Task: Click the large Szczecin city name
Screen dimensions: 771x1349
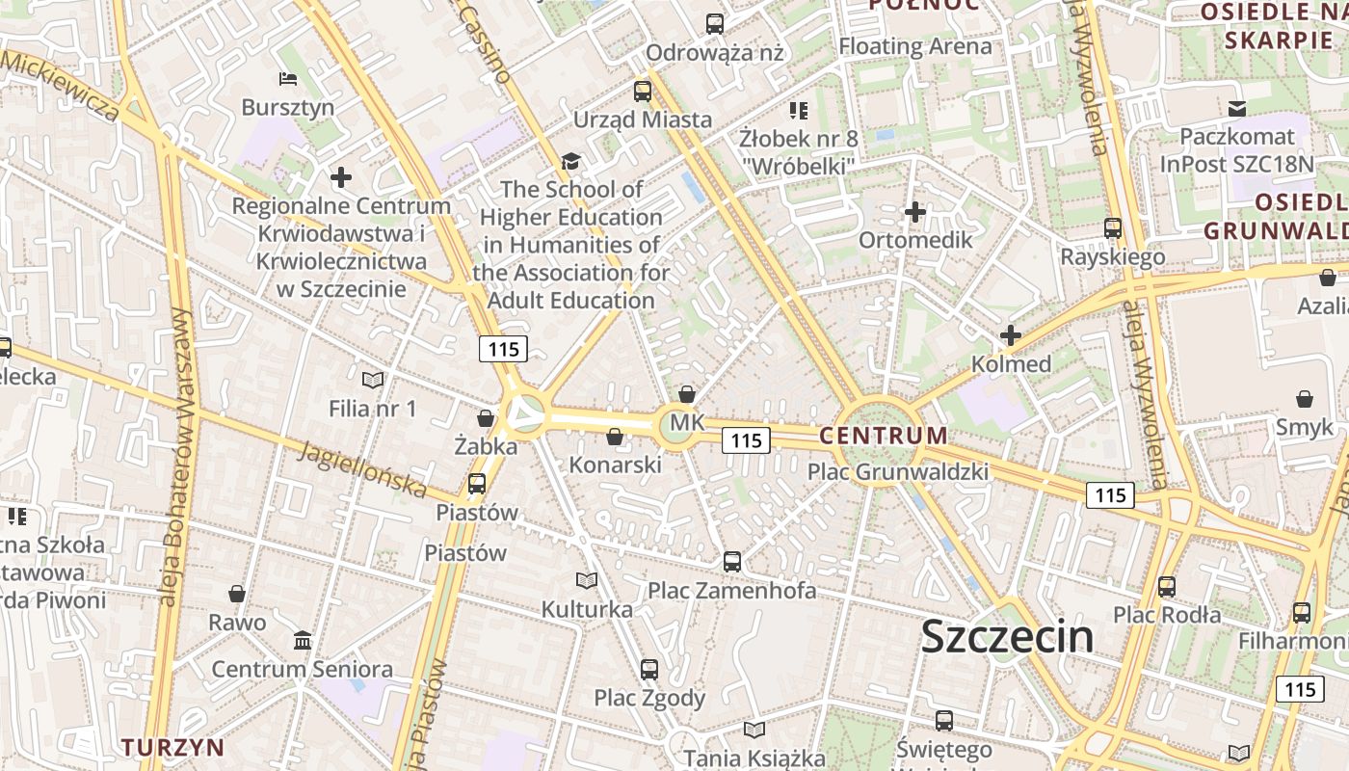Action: (1007, 637)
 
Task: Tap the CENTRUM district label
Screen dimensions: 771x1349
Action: (884, 436)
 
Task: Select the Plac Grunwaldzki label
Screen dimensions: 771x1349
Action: (898, 472)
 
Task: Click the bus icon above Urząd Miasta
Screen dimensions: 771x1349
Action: (643, 92)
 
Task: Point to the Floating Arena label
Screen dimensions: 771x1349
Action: (914, 46)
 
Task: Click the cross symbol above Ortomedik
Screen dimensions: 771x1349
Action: (915, 212)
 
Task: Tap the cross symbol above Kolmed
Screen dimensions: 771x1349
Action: (1010, 335)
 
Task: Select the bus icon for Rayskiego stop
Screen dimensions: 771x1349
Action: (1113, 228)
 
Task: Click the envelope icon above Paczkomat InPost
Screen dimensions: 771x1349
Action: (1237, 109)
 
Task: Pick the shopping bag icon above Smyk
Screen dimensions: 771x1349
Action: (1305, 399)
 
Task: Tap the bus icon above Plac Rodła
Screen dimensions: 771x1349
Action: (1167, 586)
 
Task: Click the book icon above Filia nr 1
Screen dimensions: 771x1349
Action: (372, 381)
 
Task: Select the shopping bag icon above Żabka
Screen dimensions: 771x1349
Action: (486, 418)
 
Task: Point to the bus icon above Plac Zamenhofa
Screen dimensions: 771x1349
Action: (732, 561)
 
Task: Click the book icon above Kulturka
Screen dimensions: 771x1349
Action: (586, 580)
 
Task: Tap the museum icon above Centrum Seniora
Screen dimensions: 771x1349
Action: (303, 640)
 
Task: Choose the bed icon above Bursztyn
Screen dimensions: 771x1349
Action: (287, 79)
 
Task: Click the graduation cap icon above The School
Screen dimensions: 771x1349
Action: (571, 161)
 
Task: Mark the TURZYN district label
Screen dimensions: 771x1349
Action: (173, 747)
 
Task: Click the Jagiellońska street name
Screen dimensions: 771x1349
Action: (361, 469)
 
